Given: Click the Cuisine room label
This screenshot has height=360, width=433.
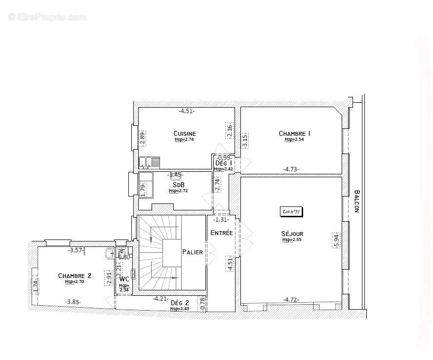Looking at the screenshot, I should click(x=185, y=133).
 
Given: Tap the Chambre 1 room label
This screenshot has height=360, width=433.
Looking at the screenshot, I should click(x=294, y=133).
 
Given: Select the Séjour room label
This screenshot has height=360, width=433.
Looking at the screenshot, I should click(x=293, y=234).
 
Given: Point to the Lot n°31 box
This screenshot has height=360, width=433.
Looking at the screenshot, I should click(x=291, y=211).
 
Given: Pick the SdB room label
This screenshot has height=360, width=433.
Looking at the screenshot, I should click(x=178, y=185).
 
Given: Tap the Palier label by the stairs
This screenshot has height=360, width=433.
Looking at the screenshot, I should click(x=192, y=252).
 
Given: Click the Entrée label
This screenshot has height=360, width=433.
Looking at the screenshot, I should click(x=221, y=233).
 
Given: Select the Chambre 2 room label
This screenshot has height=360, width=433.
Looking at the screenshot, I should click(x=75, y=276).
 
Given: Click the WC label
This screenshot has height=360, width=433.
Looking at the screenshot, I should click(x=124, y=279).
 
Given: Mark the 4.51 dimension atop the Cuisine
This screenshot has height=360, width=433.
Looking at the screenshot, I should click(x=186, y=111).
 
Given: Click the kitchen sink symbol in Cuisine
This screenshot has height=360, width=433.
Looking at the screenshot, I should click(x=150, y=161).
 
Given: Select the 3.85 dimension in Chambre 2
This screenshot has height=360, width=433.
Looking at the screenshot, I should click(x=73, y=302).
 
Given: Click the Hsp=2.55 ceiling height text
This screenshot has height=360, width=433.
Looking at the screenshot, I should click(x=292, y=240).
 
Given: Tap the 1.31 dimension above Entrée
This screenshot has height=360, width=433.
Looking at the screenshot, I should click(x=221, y=220).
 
